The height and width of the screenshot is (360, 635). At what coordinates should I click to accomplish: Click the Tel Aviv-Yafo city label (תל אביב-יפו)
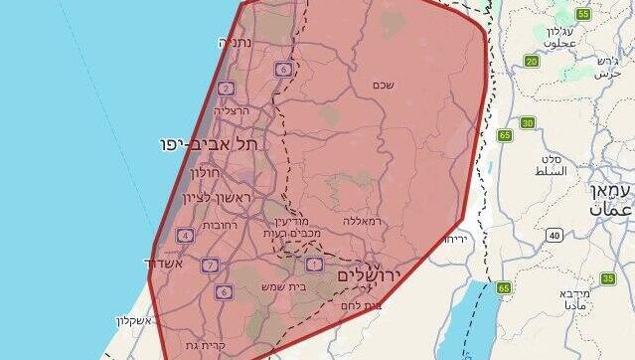tap(207, 144)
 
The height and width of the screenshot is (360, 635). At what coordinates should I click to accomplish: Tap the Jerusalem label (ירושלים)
tap(368, 274)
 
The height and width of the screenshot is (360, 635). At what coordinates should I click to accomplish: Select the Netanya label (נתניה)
tap(236, 43)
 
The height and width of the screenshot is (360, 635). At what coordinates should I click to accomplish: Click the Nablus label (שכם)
tap(383, 85)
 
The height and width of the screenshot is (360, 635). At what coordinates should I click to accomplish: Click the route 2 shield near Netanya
tap(227, 89)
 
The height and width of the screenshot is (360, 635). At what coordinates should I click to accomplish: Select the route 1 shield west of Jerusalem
tap(314, 264)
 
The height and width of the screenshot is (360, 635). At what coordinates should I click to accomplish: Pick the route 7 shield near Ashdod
tap(210, 266)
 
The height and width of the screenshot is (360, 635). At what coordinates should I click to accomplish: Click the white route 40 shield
tap(553, 235)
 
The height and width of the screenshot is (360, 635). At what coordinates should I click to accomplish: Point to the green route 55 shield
tap(581, 15)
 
